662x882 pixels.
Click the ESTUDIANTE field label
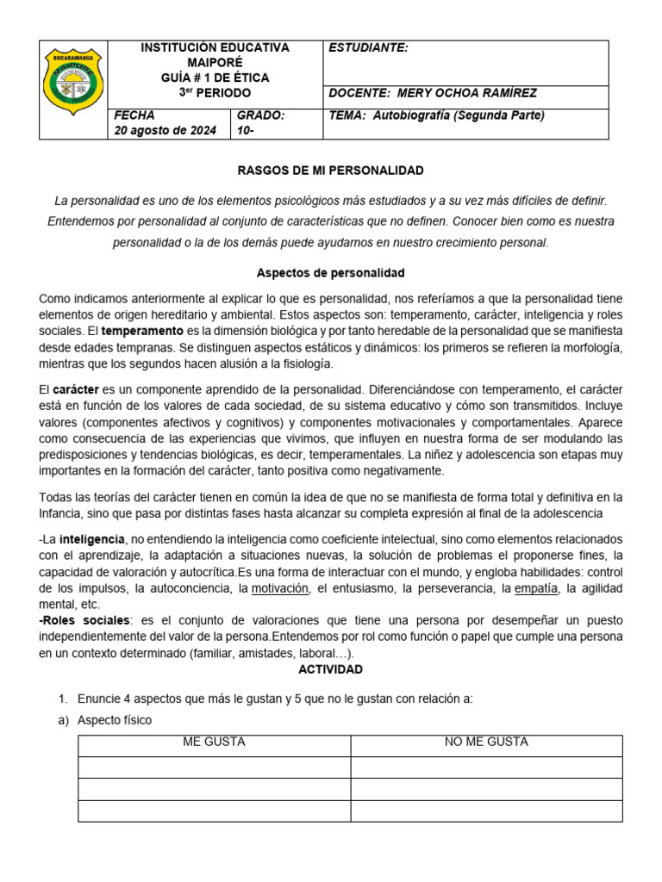pos(368,48)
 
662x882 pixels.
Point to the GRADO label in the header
pos(260,115)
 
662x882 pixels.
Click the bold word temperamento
pos(142,331)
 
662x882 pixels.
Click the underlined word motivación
pos(280,588)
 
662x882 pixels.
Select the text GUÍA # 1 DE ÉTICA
pos(215,78)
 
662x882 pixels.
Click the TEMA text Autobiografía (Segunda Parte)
pos(459,115)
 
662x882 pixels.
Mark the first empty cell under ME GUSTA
pos(214,767)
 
